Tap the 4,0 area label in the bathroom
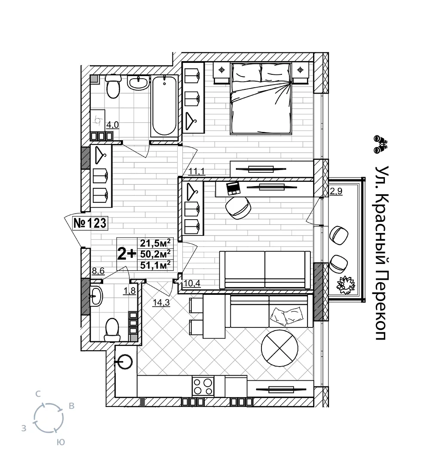[x=113, y=125]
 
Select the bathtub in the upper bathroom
[x=164, y=105]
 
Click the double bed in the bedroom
[x=261, y=98]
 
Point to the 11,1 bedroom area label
[x=197, y=172]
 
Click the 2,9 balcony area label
[x=335, y=192]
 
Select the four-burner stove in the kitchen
[x=203, y=386]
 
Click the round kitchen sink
[x=125, y=361]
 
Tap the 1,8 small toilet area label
[x=129, y=291]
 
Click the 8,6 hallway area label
[x=98, y=271]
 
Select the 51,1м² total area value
[x=155, y=264]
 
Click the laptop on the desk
[x=233, y=187]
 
